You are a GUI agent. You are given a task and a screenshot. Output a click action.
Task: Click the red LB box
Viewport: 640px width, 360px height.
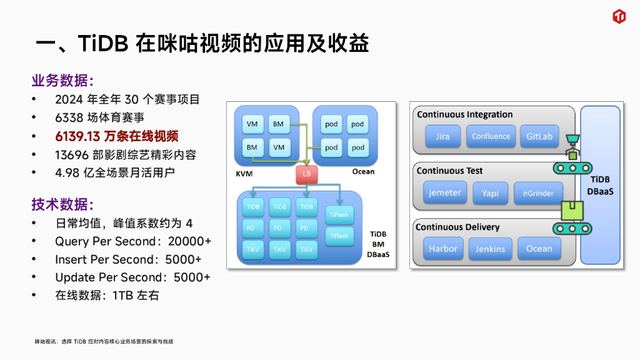pos(306,174)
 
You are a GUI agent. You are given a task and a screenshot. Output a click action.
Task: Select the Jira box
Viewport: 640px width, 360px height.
pos(442,136)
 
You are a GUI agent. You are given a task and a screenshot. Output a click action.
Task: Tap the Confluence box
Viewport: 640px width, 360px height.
pos(491,136)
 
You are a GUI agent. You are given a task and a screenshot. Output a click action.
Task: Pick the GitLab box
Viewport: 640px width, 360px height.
pos(539,136)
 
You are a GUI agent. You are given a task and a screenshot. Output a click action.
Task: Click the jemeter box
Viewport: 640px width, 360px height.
pos(445,192)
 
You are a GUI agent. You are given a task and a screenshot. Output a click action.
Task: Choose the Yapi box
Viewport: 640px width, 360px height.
pos(490,193)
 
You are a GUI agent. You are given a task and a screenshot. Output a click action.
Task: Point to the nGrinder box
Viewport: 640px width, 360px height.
pos(538,193)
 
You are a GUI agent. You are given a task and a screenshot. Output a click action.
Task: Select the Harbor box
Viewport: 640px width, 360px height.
pos(442,249)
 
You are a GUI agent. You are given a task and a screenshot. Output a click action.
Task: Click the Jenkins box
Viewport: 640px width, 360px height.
pos(490,249)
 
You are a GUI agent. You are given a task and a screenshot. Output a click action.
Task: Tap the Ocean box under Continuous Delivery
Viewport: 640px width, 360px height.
pos(539,249)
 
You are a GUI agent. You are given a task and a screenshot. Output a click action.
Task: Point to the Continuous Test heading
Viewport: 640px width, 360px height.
pos(449,171)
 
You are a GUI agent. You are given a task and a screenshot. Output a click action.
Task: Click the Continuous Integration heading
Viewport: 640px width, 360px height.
pos(464,114)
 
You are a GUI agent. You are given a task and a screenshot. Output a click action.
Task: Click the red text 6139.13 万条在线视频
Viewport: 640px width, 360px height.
pos(117,136)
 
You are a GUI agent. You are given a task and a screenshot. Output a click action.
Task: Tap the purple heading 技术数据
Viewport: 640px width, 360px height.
pos(62,204)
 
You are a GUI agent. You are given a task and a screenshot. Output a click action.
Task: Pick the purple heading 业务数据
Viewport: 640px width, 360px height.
pos(62,81)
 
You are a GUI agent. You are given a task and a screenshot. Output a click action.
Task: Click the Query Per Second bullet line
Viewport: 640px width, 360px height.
pos(133,241)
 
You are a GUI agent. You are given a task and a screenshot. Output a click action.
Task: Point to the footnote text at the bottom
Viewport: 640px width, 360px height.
pos(104,341)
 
